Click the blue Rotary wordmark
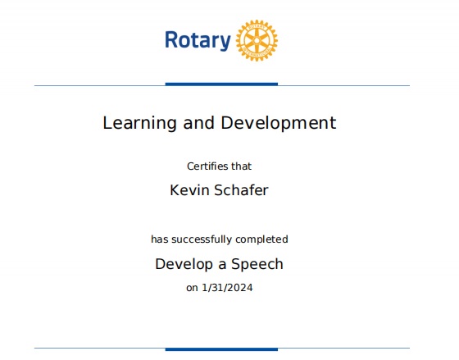tap(198, 40)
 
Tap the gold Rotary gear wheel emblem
tap(257, 40)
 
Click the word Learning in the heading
tap(139, 123)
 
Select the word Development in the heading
tap(278, 123)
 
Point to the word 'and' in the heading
tap(198, 123)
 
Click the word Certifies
tap(207, 166)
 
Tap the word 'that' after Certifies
tap(242, 166)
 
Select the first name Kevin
tap(189, 190)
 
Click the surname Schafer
tap(242, 190)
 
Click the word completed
tap(261, 239)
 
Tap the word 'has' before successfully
tap(160, 239)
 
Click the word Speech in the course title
tap(257, 265)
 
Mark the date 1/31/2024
tap(227, 288)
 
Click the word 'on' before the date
tap(192, 288)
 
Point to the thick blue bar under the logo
tap(221, 84)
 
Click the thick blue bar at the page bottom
tap(221, 349)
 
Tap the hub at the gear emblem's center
tap(257, 40)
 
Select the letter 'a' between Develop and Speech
tap(222, 265)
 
